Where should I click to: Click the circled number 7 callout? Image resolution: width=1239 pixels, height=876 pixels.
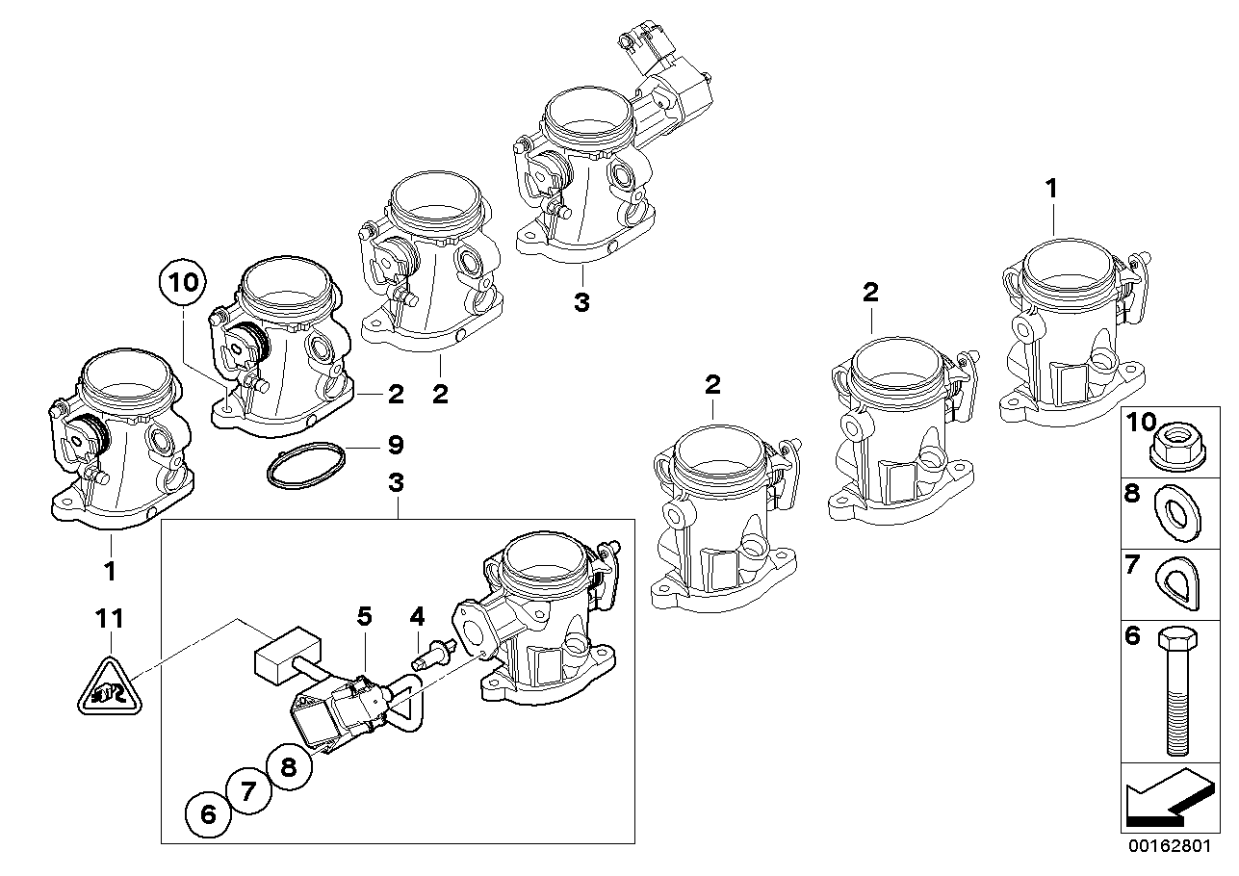click(x=248, y=791)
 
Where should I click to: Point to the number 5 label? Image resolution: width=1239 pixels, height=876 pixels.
click(x=364, y=615)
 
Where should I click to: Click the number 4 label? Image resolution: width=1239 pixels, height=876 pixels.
click(x=417, y=615)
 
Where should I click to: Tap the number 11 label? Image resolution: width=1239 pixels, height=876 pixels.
click(x=111, y=617)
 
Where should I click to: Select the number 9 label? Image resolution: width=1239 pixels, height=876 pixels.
click(x=396, y=445)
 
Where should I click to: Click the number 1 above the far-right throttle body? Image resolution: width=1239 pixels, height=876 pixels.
click(x=1052, y=187)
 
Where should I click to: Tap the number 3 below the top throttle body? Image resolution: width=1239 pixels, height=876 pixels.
click(x=581, y=302)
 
